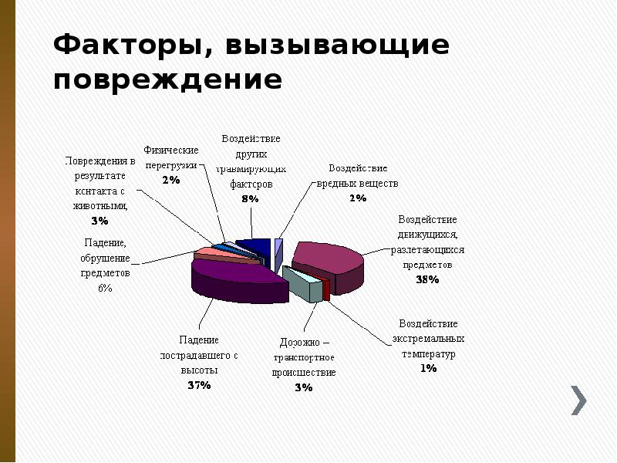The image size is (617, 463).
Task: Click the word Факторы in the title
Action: (123, 46)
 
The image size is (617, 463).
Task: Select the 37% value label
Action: (199, 385)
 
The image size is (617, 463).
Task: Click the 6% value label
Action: (104, 288)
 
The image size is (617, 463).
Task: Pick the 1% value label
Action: (428, 369)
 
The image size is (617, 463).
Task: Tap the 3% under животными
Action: (99, 221)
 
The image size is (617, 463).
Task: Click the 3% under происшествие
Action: (303, 387)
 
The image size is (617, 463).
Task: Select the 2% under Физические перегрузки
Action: (170, 180)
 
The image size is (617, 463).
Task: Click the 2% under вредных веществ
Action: (357, 199)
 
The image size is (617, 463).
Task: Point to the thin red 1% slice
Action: (326, 289)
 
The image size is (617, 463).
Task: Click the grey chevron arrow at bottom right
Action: (579, 399)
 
